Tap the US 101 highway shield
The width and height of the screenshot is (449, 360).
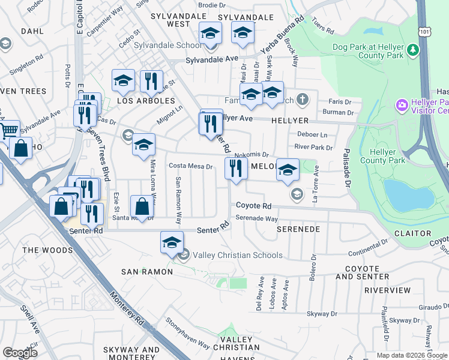[424, 29]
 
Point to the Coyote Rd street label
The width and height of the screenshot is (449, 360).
[253, 205]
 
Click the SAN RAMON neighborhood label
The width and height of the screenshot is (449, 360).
[147, 272]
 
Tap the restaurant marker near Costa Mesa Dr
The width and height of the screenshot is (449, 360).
[235, 169]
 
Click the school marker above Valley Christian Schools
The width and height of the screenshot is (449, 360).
[172, 242]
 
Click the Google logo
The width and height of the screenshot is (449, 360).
[20, 352]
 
